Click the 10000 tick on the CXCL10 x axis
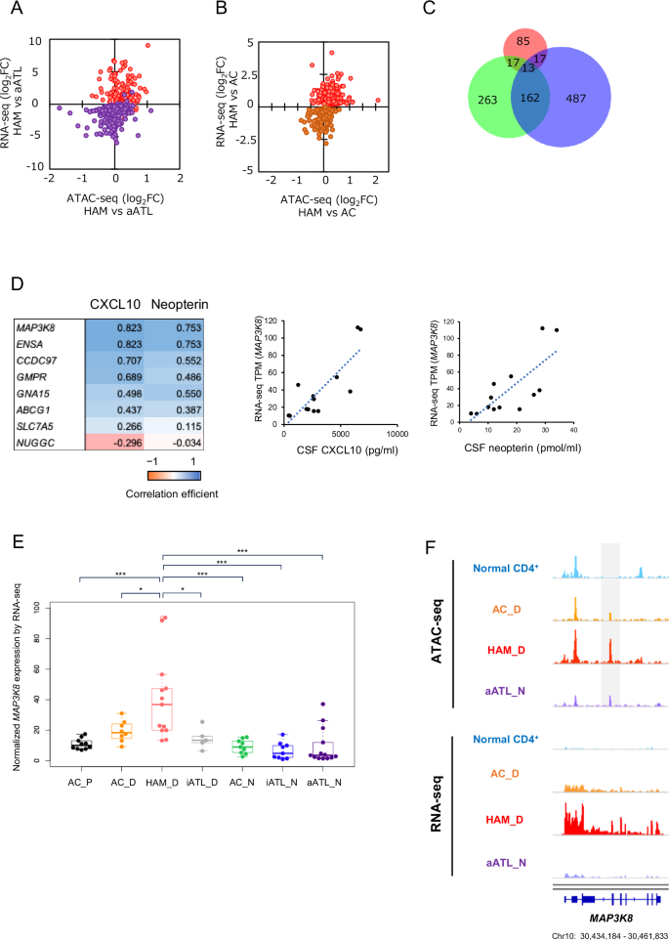pyautogui.click(x=397, y=427)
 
